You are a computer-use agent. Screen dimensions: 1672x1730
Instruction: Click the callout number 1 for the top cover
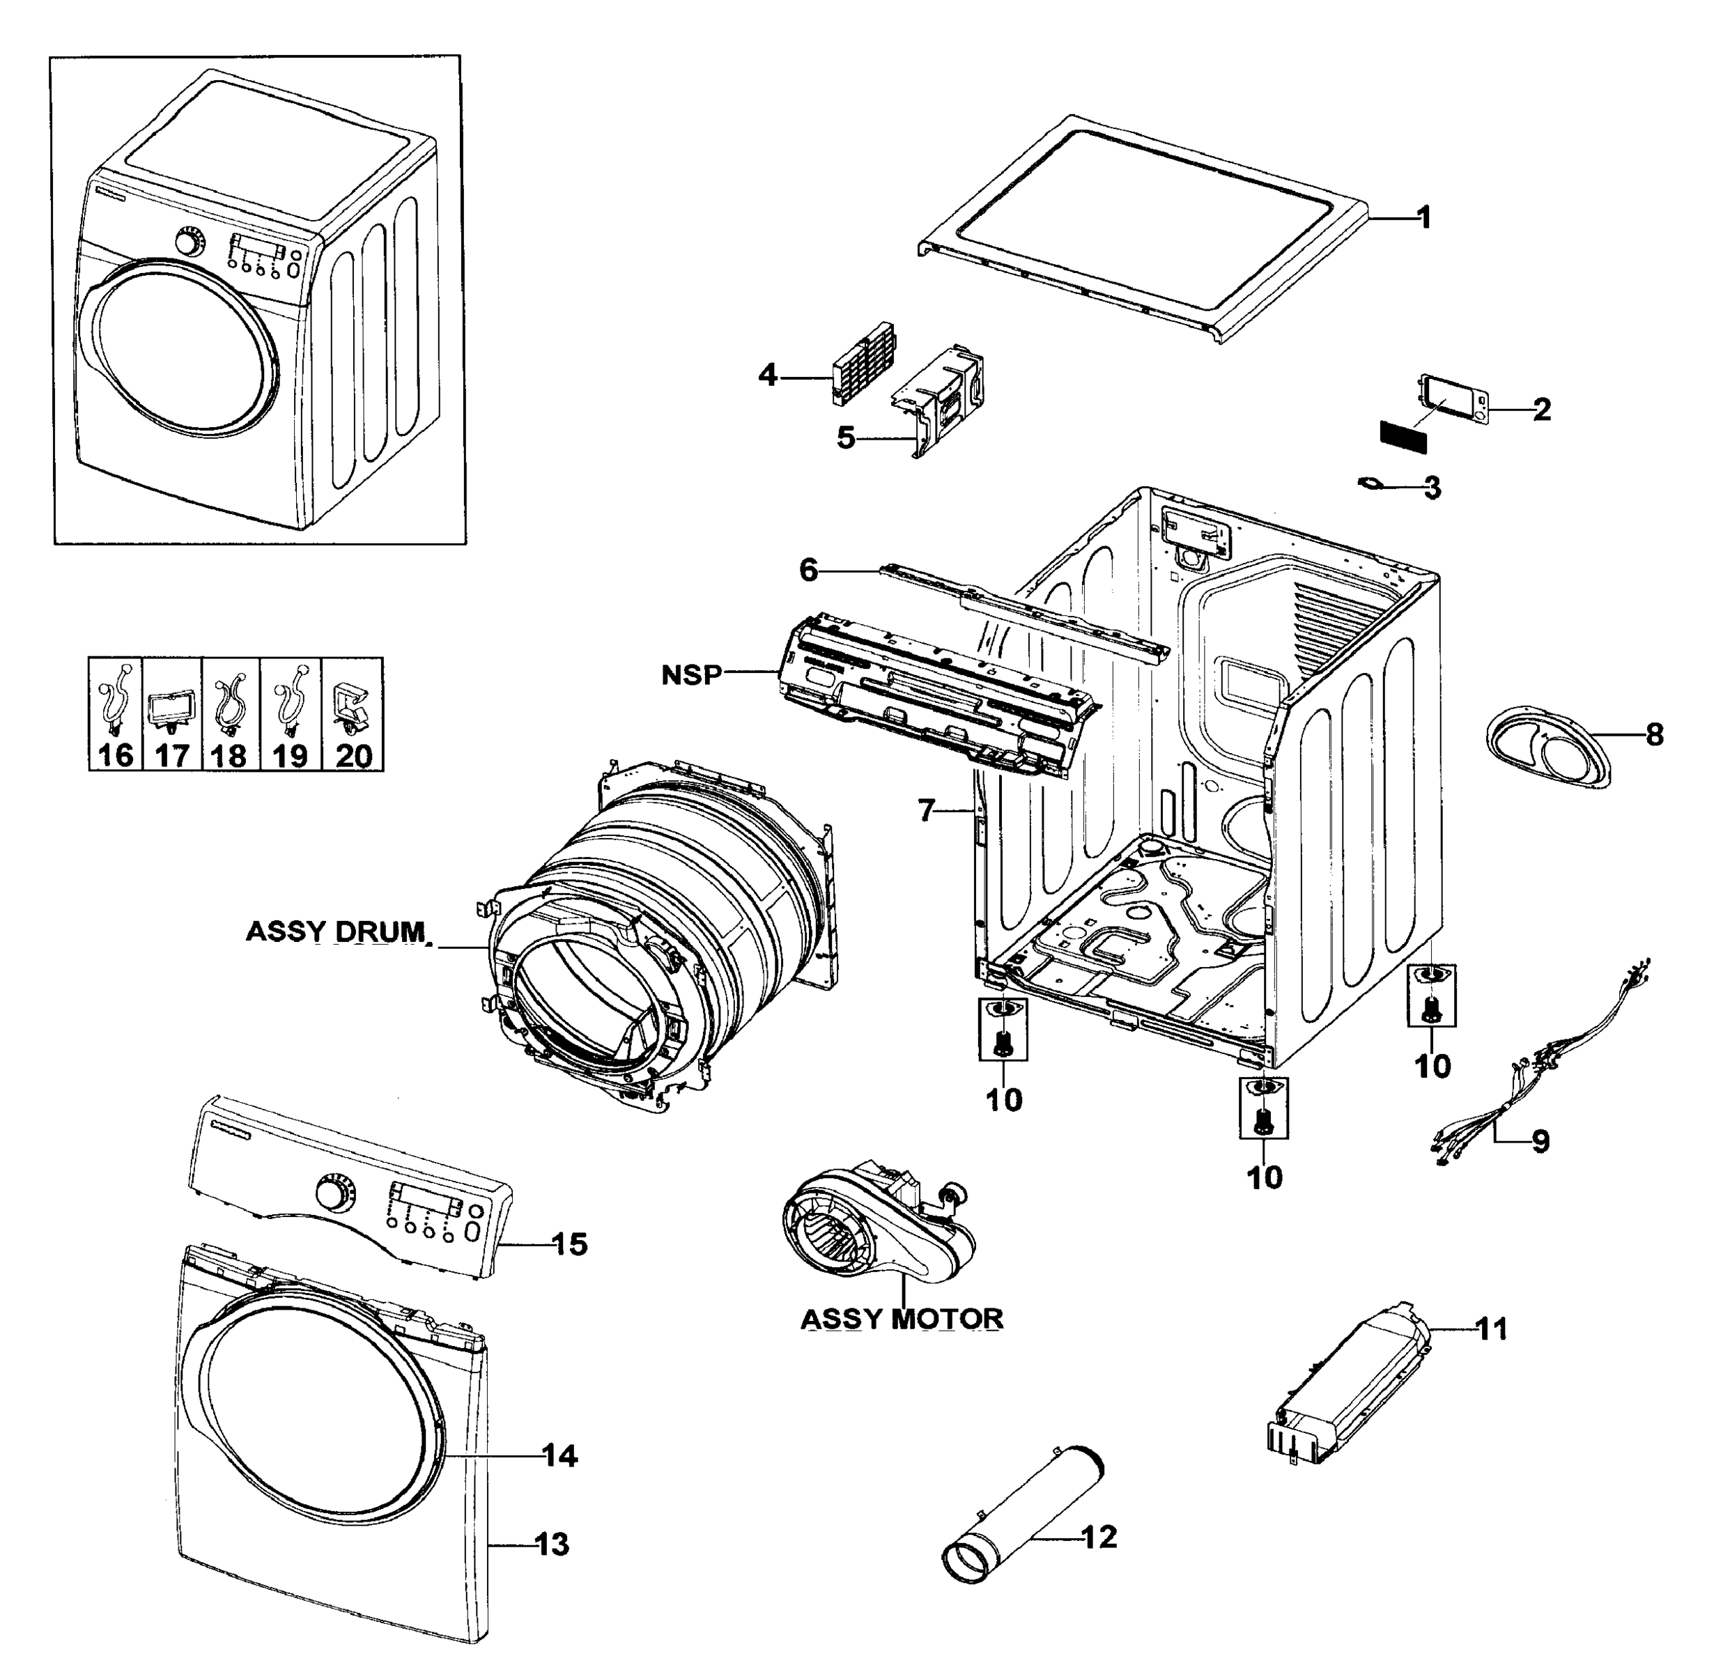(x=1423, y=217)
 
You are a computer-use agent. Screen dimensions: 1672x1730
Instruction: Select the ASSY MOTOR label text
(x=901, y=1319)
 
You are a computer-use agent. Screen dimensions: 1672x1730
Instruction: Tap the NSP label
(x=691, y=675)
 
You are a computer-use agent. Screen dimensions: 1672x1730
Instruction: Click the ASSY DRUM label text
(x=335, y=931)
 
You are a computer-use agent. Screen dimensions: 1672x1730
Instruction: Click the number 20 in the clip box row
(x=354, y=756)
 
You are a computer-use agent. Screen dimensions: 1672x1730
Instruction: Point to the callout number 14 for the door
(x=559, y=1456)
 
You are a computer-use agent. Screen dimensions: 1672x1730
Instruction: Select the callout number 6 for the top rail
(x=808, y=571)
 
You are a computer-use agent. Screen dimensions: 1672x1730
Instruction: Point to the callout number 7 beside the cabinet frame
(x=925, y=810)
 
